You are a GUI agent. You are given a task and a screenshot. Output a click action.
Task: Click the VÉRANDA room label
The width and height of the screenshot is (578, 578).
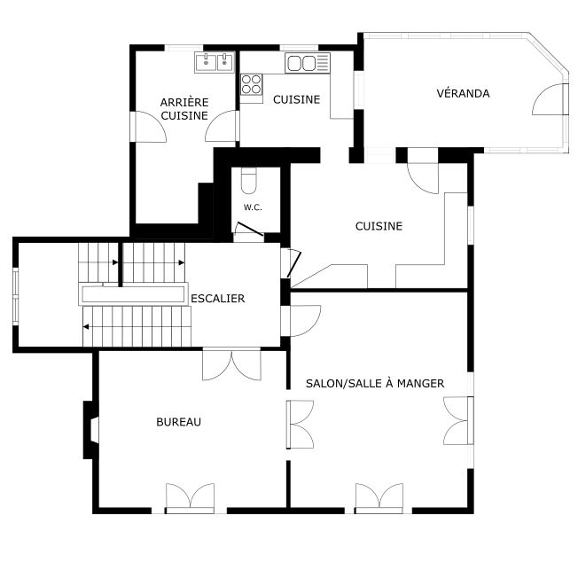tap(463, 93)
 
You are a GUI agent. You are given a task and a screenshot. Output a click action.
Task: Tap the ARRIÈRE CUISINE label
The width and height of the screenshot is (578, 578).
tap(184, 109)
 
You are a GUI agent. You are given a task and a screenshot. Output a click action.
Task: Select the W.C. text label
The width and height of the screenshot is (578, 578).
tap(253, 207)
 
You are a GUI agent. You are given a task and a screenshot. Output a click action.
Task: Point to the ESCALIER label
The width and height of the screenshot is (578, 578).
tap(217, 298)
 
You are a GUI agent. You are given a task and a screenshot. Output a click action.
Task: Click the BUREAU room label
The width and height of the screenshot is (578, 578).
tap(179, 422)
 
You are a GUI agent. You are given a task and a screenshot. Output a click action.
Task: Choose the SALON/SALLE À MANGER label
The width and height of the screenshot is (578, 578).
tap(375, 383)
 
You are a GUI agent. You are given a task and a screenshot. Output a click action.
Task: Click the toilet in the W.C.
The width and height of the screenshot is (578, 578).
tap(249, 181)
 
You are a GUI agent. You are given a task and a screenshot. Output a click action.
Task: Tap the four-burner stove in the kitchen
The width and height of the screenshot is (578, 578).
tap(252, 84)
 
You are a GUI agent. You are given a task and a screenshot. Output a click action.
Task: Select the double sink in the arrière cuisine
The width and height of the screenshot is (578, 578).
tap(215, 62)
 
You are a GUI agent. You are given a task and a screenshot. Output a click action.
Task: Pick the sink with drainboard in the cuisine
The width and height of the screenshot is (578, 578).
tap(308, 63)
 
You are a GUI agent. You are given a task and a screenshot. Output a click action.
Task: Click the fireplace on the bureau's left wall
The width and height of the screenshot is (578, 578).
tap(91, 430)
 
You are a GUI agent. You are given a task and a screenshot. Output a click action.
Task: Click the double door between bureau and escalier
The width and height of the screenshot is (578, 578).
tap(232, 364)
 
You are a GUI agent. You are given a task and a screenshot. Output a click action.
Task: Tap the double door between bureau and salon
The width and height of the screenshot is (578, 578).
tap(300, 425)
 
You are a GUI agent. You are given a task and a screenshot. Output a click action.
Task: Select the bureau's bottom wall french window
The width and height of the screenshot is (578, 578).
tap(191, 498)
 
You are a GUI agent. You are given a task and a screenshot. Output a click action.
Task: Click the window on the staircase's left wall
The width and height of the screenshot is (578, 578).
tap(15, 297)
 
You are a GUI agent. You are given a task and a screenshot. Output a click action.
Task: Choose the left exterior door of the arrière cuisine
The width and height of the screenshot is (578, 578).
tap(148, 127)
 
